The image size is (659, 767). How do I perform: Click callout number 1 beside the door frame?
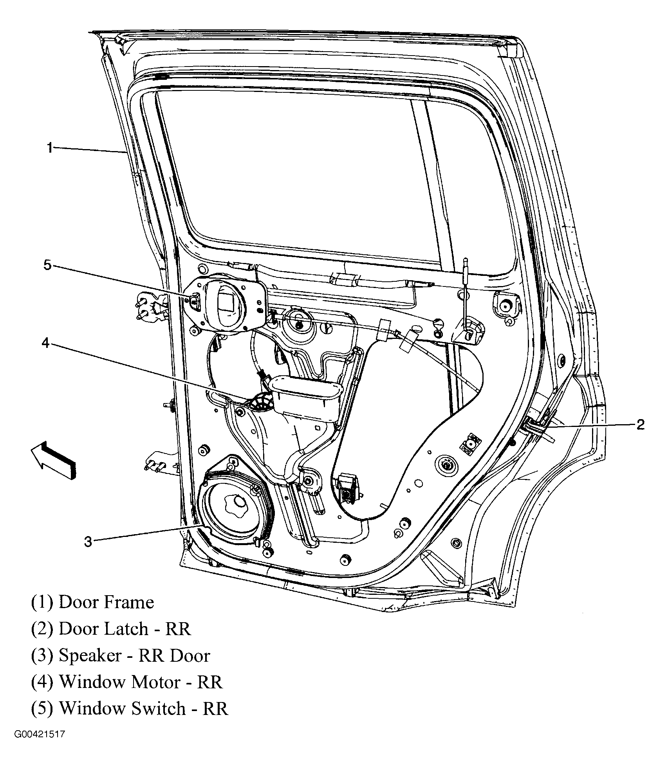(50, 148)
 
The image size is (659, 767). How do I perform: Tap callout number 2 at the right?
(640, 424)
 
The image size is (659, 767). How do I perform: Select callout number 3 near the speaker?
(88, 542)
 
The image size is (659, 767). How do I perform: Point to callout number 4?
(46, 343)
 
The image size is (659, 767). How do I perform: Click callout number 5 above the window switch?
(47, 265)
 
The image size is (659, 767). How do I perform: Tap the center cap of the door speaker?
(237, 502)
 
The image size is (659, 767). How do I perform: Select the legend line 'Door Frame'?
(92, 602)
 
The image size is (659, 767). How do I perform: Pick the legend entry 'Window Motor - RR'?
(126, 682)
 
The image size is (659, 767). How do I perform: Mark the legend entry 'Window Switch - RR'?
(129, 709)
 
